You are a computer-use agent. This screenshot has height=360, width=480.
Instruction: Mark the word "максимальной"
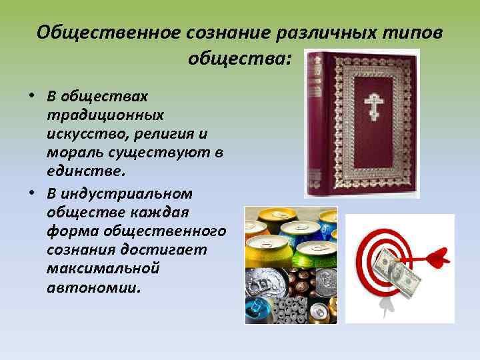point(93,270)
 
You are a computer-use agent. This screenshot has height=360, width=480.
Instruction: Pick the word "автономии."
point(93,289)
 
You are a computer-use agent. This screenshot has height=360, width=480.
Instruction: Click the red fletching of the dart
point(437,255)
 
